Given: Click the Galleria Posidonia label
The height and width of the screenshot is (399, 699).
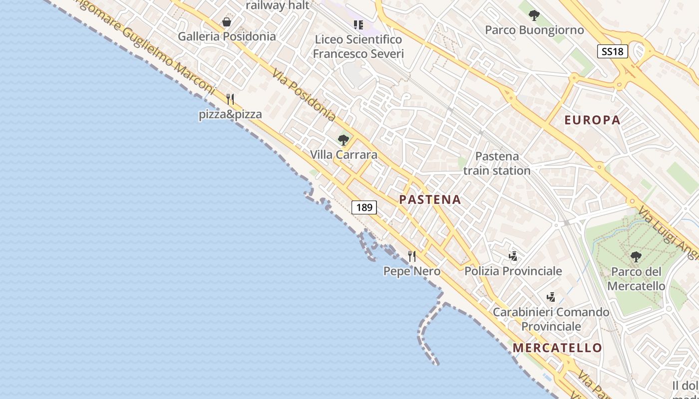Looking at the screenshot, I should tap(227, 36).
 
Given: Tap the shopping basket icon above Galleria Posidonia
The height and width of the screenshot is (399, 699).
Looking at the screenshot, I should tap(227, 22).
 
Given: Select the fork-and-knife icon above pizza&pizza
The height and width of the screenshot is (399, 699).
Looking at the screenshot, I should tap(230, 99).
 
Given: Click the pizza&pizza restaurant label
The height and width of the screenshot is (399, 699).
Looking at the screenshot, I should tap(230, 114).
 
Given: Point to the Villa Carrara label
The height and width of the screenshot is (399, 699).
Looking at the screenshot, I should tap(344, 155).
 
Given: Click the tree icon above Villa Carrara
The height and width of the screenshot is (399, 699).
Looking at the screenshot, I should tap(343, 140).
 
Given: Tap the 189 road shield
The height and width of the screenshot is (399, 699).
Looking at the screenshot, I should tap(364, 207).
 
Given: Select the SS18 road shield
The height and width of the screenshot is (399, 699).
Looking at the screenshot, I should tap(612, 51).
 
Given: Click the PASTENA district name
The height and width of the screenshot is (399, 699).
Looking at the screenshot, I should tap(430, 200).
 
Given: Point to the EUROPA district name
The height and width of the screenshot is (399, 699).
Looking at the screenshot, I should tap(592, 120).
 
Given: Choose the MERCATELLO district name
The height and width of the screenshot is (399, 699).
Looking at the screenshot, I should tap(557, 348).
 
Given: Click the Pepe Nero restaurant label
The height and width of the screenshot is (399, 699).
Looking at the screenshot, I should tap(412, 271).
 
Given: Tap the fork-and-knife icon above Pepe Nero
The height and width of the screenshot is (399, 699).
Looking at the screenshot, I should tap(412, 256).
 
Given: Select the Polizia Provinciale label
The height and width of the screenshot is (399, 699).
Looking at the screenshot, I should tap(513, 271).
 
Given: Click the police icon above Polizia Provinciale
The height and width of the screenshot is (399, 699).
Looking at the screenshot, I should tap(513, 256).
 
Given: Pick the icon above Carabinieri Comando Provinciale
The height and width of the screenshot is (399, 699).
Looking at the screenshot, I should tap(551, 297).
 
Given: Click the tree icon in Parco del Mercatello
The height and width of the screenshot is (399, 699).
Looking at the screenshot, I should tap(636, 257).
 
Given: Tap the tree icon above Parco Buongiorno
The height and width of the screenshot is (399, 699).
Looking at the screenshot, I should tap(534, 15).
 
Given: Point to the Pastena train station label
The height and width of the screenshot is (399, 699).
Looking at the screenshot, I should tap(497, 164).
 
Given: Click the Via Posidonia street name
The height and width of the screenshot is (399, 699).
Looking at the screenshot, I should tap(304, 94).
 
